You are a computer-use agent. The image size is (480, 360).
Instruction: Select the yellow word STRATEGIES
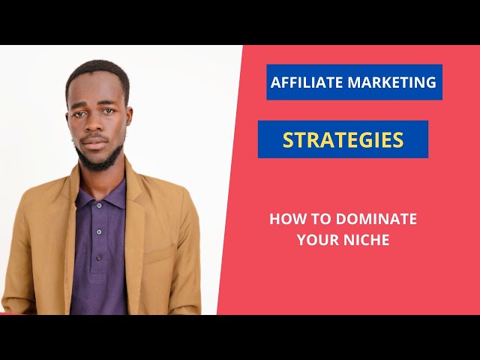(x=343, y=139)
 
